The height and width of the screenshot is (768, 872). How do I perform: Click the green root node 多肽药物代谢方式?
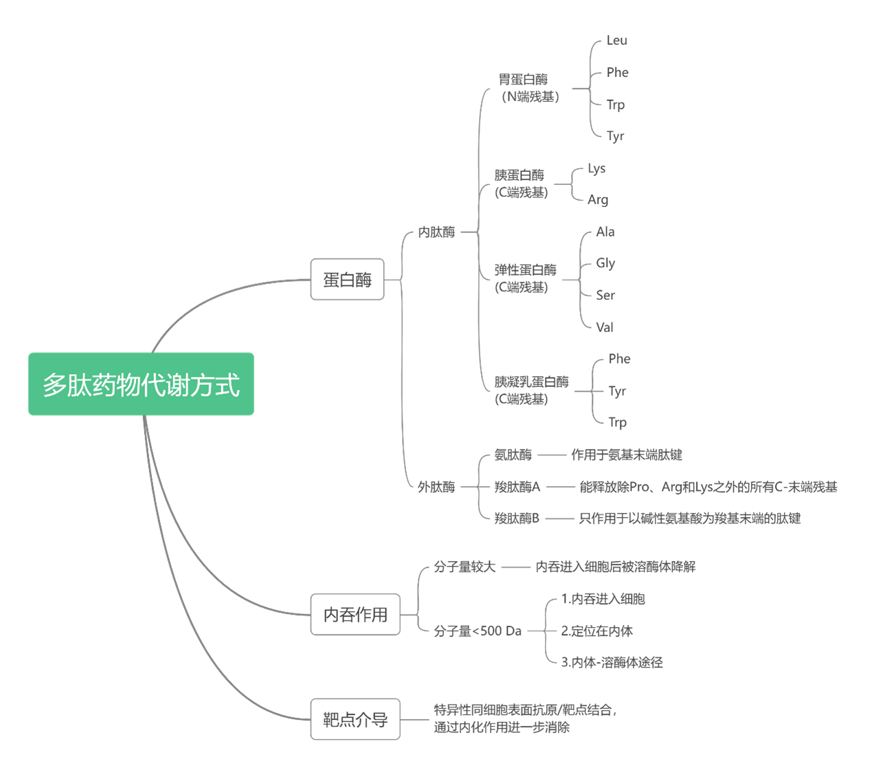click(x=141, y=384)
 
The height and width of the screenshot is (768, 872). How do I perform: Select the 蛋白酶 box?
click(x=347, y=279)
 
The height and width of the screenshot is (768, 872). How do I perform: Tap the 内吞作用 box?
click(x=355, y=614)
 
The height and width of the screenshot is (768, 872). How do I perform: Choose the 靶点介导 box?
click(x=355, y=719)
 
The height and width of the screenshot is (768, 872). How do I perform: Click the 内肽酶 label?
click(x=436, y=232)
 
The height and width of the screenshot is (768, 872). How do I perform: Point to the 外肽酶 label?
click(x=436, y=487)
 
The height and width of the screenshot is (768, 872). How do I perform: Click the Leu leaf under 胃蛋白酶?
click(x=616, y=41)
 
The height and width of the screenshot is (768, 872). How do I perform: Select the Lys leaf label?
click(x=596, y=168)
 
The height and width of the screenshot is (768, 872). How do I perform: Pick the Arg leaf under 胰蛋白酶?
click(x=598, y=199)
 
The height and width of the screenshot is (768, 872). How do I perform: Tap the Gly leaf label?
click(x=605, y=263)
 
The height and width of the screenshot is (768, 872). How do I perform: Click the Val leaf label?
click(x=605, y=327)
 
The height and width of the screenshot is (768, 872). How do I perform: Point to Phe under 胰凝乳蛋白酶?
click(x=619, y=359)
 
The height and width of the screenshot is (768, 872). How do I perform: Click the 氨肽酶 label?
click(x=513, y=454)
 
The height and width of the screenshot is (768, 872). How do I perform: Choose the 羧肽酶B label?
click(x=517, y=518)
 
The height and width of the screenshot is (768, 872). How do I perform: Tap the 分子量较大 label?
click(x=465, y=567)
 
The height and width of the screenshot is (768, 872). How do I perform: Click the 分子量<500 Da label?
click(x=478, y=631)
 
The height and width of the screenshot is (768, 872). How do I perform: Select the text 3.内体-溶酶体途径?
click(x=612, y=663)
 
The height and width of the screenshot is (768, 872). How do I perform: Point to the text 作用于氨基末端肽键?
click(x=627, y=454)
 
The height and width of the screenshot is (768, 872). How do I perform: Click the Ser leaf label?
click(x=605, y=295)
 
